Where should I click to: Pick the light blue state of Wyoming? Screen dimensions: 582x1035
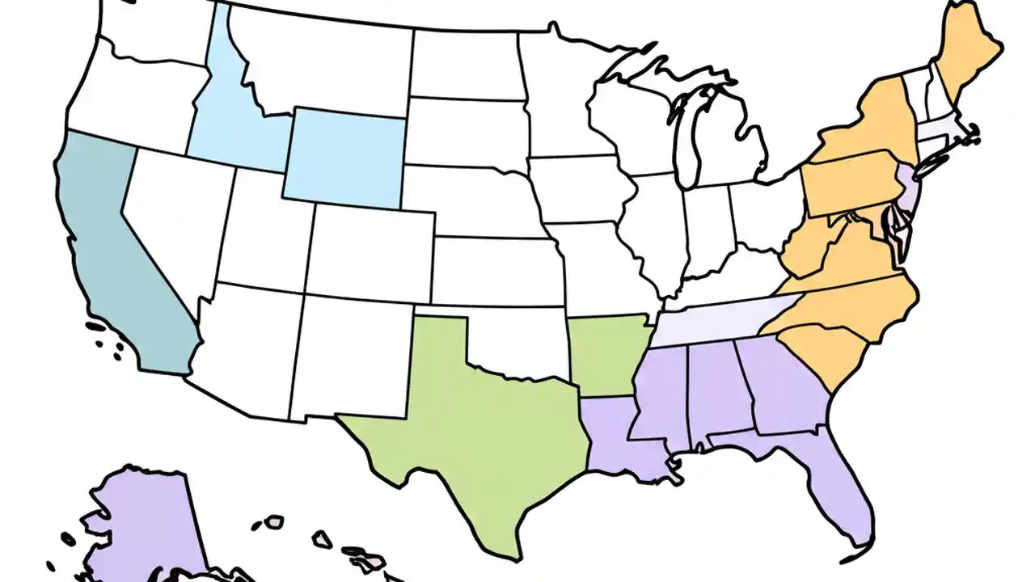point(344,158)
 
